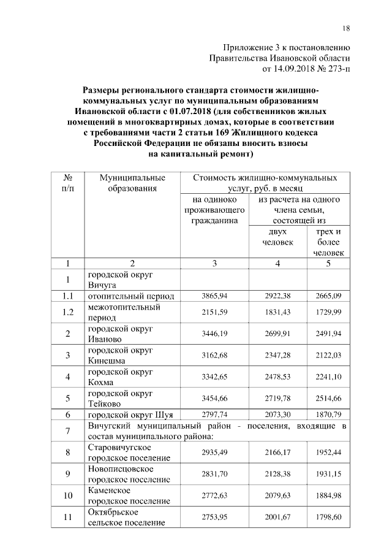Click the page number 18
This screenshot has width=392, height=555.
tap(346, 29)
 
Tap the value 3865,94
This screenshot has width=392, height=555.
tap(214, 296)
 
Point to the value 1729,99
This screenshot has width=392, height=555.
tap(329, 312)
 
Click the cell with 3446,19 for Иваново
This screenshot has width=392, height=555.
tap(214, 334)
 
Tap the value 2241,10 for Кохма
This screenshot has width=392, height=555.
tap(329, 377)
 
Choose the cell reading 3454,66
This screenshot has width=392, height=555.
tap(214, 398)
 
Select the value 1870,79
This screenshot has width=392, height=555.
tap(329, 415)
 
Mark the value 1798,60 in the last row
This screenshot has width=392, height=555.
tap(329, 518)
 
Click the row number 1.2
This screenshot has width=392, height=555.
tap(68, 312)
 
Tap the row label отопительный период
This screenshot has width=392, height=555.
tap(130, 296)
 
